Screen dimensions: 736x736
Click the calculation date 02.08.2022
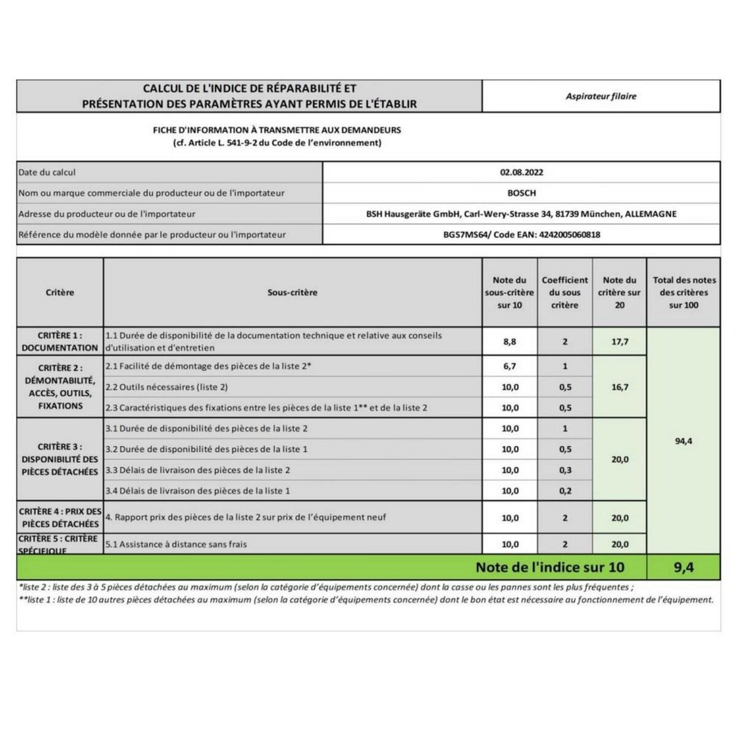pyautogui.click(x=521, y=172)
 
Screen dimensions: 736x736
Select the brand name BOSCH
pyautogui.click(x=521, y=193)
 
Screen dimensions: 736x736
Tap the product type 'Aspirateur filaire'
pyautogui.click(x=601, y=96)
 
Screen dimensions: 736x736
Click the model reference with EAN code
pyautogui.click(x=521, y=234)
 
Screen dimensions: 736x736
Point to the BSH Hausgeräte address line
pyautogui.click(x=521, y=214)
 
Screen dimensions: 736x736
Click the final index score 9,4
pyautogui.click(x=683, y=567)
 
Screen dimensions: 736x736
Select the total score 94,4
pyautogui.click(x=683, y=441)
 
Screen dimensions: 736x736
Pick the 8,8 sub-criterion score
pyautogui.click(x=510, y=342)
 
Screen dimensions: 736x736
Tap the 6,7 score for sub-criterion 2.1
pyautogui.click(x=510, y=366)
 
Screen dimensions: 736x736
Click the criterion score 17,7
pyautogui.click(x=619, y=342)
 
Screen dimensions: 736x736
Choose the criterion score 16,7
pyautogui.click(x=619, y=387)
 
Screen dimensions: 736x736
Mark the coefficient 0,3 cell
pyautogui.click(x=565, y=470)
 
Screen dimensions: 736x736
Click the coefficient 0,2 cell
pyautogui.click(x=565, y=491)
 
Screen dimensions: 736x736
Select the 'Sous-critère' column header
pyautogui.click(x=293, y=293)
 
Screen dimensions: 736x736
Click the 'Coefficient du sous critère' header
pyautogui.click(x=565, y=293)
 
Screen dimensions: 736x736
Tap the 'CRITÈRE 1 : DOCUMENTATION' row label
pyautogui.click(x=59, y=342)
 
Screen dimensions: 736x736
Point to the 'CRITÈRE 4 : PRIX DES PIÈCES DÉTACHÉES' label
pyautogui.click(x=59, y=518)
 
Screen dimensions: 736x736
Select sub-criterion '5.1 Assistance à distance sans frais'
pyautogui.click(x=176, y=544)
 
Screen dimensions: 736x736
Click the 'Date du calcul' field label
pyautogui.click(x=47, y=172)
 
